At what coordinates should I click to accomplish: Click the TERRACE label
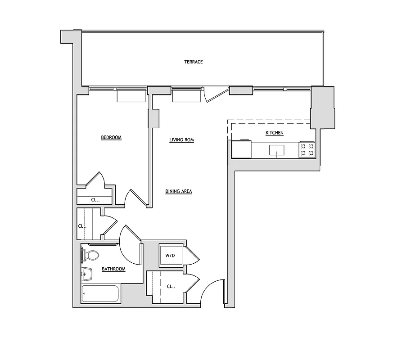point(193,62)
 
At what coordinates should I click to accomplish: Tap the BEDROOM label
point(111,138)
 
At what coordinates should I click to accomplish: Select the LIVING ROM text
point(181,140)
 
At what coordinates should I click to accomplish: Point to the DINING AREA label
point(178,191)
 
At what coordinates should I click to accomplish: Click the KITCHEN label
point(274,133)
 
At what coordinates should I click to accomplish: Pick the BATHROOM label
point(113,269)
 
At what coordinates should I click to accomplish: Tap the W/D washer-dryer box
point(170,256)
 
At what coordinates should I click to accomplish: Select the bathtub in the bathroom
point(100,293)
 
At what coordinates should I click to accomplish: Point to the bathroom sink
point(86,273)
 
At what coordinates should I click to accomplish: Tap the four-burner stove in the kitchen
point(307,149)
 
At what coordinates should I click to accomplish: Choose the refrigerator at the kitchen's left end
point(241,149)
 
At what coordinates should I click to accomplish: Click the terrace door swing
point(214,94)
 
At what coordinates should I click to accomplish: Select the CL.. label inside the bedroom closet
point(95,200)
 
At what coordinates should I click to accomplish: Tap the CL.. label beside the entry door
point(171,286)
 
